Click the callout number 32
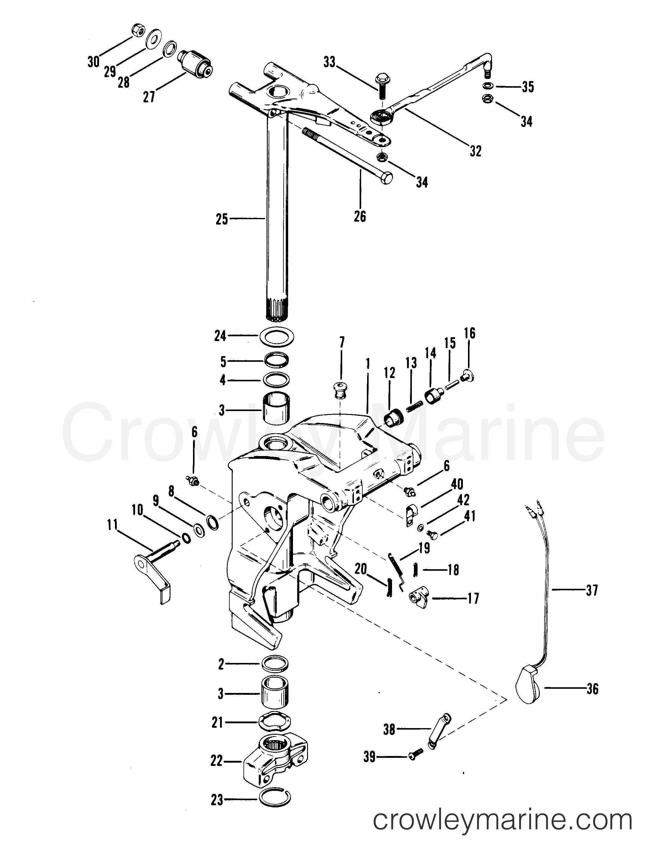click(475, 151)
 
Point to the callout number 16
click(470, 334)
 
